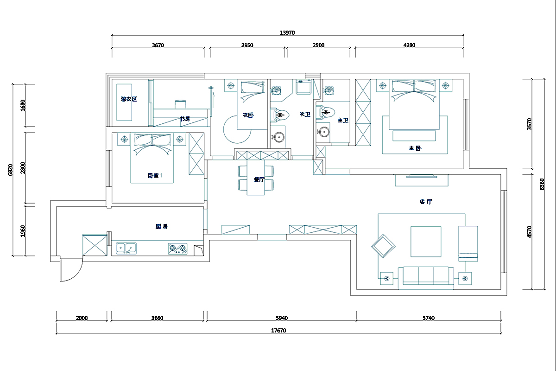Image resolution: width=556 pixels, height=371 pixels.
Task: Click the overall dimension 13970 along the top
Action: coord(287,32)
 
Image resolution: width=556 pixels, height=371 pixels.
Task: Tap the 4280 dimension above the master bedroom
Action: coord(409,45)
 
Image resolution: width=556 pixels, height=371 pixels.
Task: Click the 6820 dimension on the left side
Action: coord(10,170)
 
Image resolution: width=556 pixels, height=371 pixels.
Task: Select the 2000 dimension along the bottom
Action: coord(81,318)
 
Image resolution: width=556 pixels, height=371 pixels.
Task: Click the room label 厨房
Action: coord(161,226)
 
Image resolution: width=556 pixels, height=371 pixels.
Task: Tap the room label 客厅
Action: coord(426,202)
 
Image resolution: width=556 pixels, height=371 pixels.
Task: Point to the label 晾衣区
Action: coord(129,99)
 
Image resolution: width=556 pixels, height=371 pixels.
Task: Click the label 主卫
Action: coord(343,120)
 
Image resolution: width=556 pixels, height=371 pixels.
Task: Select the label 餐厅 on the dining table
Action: coord(259,179)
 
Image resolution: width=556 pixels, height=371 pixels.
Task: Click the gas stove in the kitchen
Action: coord(177,249)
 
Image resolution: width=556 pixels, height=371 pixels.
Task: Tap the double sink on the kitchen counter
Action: coord(126,249)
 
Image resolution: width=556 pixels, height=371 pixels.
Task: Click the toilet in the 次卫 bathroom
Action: coord(281,113)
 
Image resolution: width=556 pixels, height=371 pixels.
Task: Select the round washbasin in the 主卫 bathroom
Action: coord(323,132)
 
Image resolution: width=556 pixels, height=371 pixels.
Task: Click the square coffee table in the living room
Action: coord(426,241)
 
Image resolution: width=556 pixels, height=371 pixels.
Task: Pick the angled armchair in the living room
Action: coord(384,245)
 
